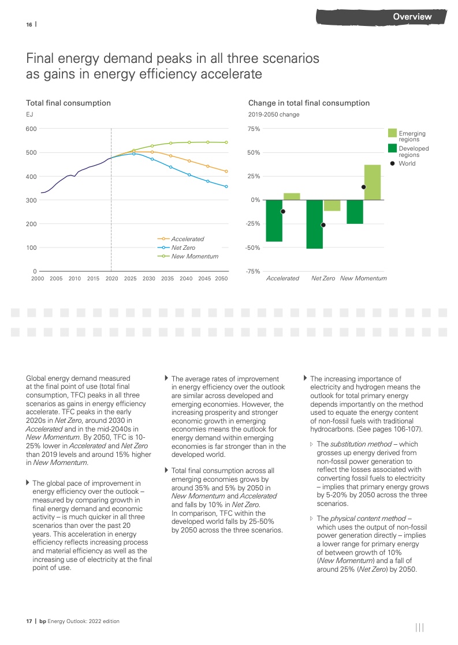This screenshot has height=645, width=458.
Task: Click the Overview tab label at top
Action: coord(412,17)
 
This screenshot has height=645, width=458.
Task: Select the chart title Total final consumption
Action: coord(68,103)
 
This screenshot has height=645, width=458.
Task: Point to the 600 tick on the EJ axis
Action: coord(31,129)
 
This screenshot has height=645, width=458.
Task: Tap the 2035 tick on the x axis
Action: coord(167,278)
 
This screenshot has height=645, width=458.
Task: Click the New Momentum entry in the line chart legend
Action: coord(195,256)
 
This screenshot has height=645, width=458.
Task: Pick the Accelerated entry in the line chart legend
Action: coord(187,239)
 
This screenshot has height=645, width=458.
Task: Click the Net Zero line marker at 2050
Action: coord(226,186)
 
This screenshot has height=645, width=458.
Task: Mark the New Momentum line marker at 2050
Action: coord(226,142)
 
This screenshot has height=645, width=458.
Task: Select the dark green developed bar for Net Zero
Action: coord(315,224)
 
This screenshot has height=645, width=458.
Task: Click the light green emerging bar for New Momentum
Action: coord(372,182)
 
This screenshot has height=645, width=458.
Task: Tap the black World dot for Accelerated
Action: coord(283,211)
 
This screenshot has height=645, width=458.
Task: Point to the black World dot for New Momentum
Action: coord(363,187)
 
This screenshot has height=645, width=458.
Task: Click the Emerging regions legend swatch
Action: coord(392,133)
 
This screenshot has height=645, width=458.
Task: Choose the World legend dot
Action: coord(393,163)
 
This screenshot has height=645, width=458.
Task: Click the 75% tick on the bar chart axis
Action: coord(254,129)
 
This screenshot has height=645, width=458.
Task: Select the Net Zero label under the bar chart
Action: coord(323,278)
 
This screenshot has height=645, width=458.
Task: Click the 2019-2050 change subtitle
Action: coord(274,114)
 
